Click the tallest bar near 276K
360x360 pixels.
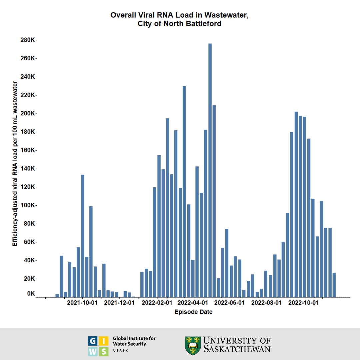pyautogui.click(x=210, y=170)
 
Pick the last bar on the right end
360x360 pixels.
pyautogui.click(x=334, y=285)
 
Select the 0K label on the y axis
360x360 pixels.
pyautogui.click(x=31, y=294)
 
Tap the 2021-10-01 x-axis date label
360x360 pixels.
pyautogui.click(x=82, y=303)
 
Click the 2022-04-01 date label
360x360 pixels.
pyautogui.click(x=193, y=303)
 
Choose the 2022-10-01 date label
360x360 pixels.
pyautogui.click(x=303, y=303)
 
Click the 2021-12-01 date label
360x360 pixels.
pyautogui.click(x=119, y=303)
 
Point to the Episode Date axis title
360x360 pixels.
pyautogui.click(x=193, y=312)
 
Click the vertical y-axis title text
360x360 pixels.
pyautogui.click(x=15, y=163)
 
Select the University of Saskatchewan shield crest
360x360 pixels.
pyautogui.click(x=193, y=345)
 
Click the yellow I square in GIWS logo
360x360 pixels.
pyautogui.click(x=104, y=341)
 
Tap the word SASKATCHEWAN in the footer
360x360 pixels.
pyautogui.click(x=237, y=349)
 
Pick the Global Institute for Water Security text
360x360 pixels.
pyautogui.click(x=134, y=341)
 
